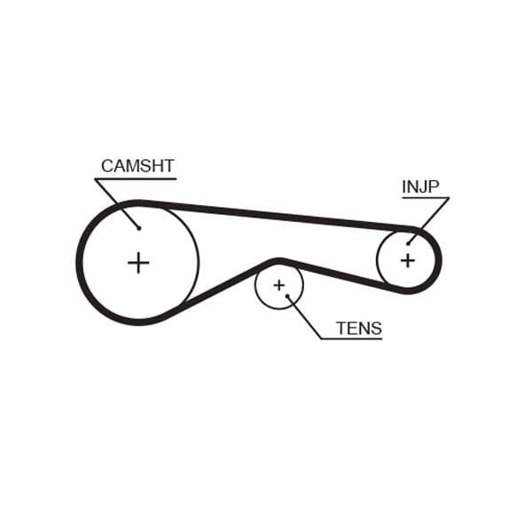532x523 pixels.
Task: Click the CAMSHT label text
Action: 137,166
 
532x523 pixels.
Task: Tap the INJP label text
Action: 420,186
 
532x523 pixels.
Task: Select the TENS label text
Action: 359,329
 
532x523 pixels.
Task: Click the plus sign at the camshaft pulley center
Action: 138,263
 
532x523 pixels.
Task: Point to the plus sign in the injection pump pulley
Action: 407,260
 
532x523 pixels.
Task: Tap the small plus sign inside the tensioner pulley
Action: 279,285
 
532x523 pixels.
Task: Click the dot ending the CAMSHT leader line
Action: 139,227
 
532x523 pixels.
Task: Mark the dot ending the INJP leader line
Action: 409,242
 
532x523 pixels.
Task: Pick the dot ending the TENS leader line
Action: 287,297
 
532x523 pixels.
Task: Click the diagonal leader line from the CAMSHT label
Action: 117,203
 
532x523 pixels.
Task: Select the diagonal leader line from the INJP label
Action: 429,219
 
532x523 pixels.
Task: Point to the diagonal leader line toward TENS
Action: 304,318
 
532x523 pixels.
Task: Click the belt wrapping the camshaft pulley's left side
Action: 81,263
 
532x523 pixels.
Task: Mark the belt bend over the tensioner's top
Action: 279,261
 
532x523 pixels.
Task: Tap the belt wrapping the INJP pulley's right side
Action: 438,260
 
